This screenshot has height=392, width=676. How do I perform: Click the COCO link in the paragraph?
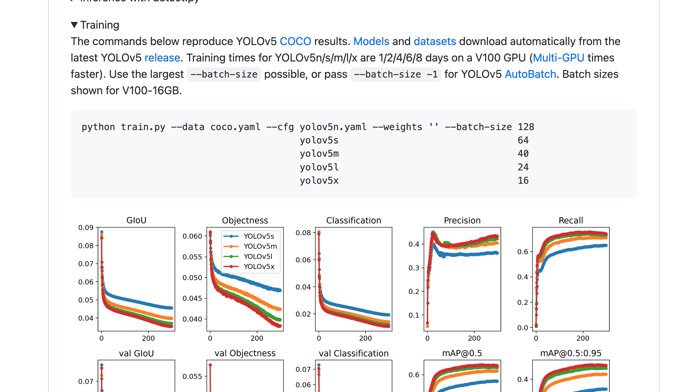[295, 41]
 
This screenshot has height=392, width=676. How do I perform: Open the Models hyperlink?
[371, 41]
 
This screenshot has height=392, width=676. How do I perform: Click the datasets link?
[435, 41]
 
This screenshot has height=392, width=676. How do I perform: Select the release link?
[162, 58]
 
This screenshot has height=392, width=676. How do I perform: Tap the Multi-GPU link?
[559, 58]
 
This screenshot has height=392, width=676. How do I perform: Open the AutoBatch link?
[530, 74]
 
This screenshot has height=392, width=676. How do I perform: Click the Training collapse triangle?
[74, 25]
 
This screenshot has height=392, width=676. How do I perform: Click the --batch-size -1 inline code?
[396, 74]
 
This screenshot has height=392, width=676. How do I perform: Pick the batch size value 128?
[526, 127]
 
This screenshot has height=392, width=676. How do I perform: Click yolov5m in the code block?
[319, 154]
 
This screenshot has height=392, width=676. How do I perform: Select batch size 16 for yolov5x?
[523, 181]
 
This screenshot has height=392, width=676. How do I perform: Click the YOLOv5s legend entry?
[258, 236]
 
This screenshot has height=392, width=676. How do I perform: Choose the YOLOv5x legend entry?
[259, 267]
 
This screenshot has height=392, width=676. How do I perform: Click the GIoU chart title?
[136, 220]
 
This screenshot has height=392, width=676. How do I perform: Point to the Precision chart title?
[462, 220]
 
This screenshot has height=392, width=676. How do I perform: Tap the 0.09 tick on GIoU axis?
[86, 228]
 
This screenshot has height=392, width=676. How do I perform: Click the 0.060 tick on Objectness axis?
[192, 236]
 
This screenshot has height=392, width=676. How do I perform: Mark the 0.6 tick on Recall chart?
[522, 252]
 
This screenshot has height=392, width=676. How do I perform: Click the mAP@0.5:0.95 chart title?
[571, 353]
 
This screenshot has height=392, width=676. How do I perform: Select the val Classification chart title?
[353, 353]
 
